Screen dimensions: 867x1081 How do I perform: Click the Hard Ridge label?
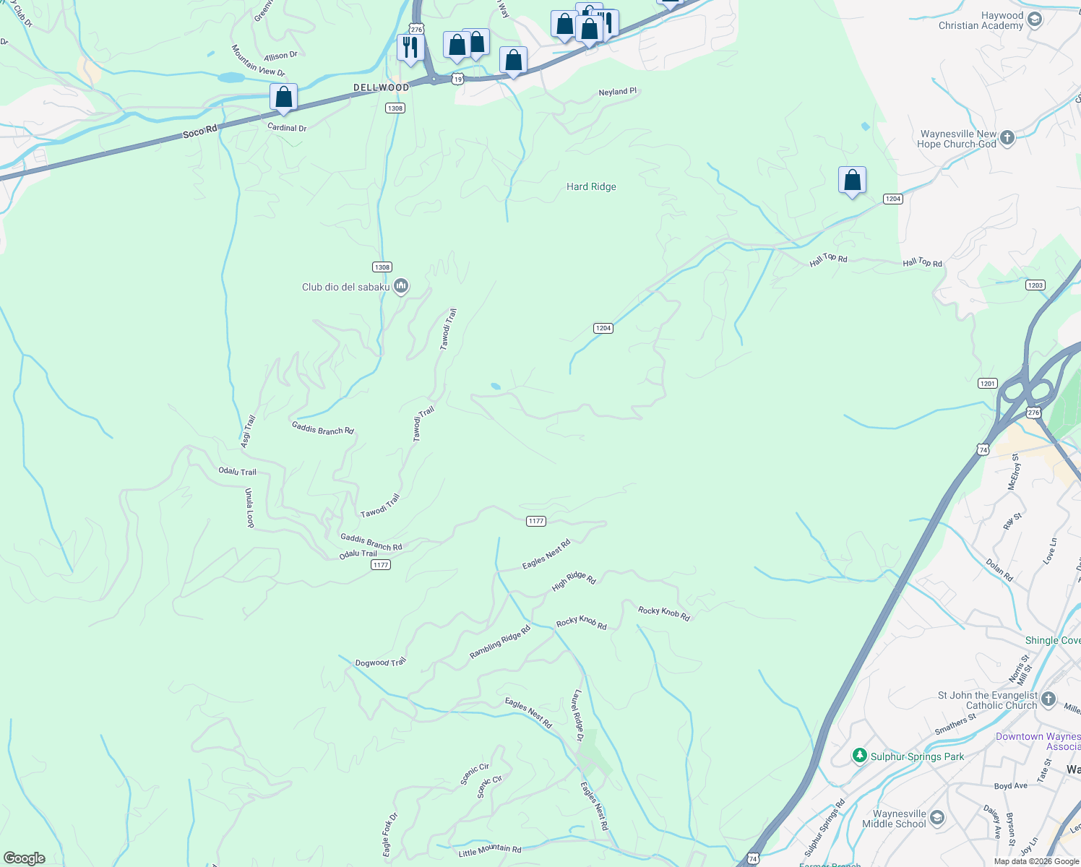[591, 186]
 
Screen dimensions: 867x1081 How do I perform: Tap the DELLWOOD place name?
[381, 87]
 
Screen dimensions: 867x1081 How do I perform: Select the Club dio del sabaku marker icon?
[402, 286]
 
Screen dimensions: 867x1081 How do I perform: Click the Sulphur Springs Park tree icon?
[859, 756]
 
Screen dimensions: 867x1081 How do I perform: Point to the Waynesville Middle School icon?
[937, 818]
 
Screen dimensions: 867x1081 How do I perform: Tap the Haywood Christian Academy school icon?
[1035, 20]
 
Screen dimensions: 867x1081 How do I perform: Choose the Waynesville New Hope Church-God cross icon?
[1008, 138]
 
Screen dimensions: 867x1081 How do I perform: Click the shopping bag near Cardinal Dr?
[284, 98]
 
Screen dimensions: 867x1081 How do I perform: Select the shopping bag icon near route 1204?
[853, 180]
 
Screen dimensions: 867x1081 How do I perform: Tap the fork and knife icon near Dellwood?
[410, 48]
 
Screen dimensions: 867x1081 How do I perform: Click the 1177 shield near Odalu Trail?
[381, 564]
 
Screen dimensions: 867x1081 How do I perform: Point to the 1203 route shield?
[1035, 285]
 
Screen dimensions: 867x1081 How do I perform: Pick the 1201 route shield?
[988, 384]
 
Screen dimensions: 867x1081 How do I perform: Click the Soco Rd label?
[199, 132]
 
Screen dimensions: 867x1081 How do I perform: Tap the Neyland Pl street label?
[617, 92]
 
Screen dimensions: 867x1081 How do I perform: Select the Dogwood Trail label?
[380, 662]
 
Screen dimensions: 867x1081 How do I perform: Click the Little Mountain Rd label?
[489, 850]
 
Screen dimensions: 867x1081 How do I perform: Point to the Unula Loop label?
[249, 507]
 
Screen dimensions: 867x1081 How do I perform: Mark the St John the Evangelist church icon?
[1049, 699]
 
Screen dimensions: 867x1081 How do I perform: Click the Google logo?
[25, 858]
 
